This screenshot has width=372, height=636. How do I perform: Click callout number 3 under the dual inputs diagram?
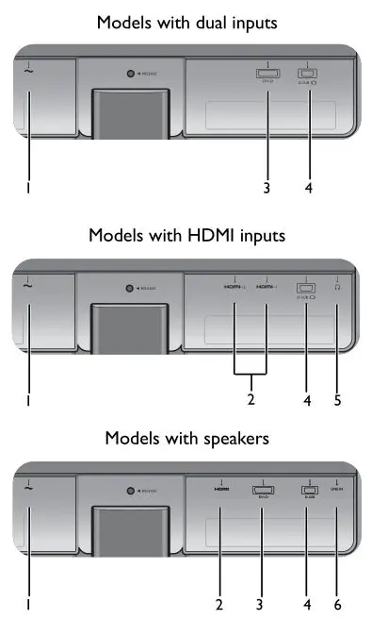(x=267, y=188)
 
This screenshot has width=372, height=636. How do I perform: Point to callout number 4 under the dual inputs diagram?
(x=308, y=188)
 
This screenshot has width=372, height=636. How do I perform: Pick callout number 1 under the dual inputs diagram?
(x=28, y=188)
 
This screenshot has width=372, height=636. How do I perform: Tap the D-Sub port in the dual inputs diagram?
(x=307, y=73)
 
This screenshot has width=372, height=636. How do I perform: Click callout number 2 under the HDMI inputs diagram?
(x=251, y=399)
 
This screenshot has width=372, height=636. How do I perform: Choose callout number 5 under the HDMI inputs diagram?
(x=337, y=399)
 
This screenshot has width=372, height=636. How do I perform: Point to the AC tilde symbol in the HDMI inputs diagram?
(x=28, y=283)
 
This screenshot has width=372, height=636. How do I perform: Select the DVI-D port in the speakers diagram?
(x=263, y=489)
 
